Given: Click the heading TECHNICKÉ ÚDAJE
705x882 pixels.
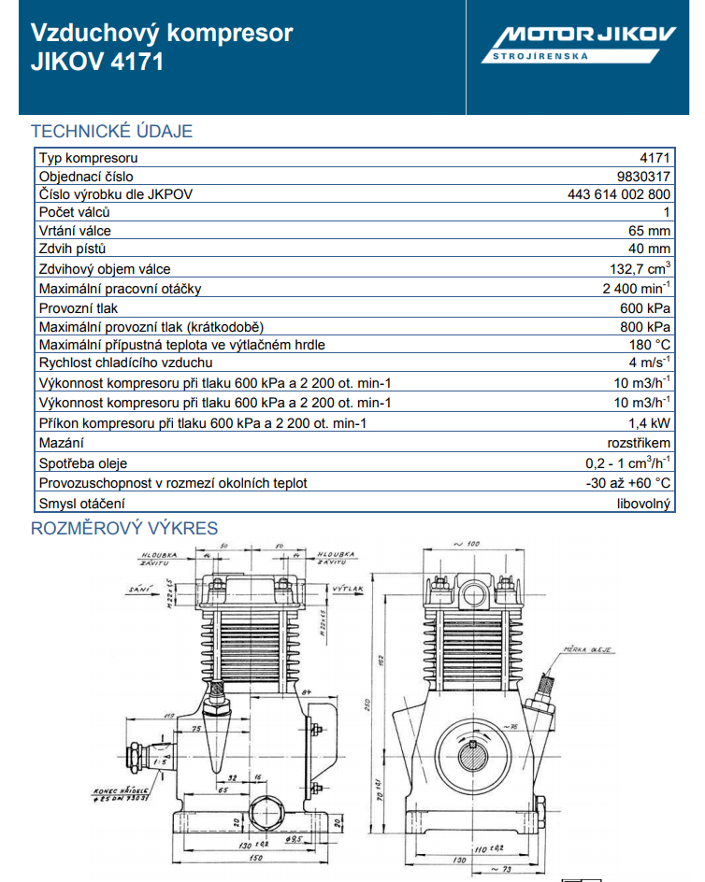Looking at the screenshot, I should [112, 131].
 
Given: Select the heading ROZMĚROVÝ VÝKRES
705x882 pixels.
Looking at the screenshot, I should [124, 528].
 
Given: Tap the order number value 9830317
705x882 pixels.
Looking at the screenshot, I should [644, 176].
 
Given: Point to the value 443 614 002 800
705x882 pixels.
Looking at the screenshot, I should [619, 194].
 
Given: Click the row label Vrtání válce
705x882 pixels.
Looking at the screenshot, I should [75, 231].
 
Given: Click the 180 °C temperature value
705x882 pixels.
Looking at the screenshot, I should [649, 345].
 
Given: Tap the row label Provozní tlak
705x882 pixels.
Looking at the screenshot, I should [79, 307].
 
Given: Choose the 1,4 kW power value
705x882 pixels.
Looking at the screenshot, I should [650, 422].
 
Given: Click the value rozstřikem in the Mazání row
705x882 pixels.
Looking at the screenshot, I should [639, 442].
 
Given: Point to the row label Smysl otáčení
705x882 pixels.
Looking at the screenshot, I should [81, 504].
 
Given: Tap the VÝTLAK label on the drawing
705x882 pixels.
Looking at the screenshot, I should [347, 590].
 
